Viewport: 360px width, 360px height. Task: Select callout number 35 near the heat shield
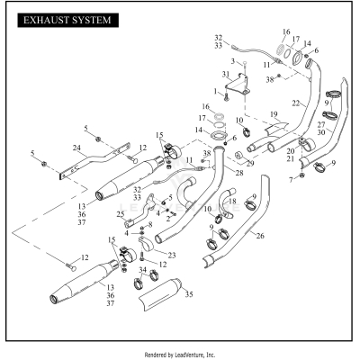point(188,293)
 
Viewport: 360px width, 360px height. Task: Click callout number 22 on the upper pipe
point(294,103)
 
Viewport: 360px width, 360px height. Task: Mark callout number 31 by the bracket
point(226,73)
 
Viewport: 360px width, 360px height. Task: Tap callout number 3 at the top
point(231,60)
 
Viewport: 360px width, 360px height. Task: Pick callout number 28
point(214,171)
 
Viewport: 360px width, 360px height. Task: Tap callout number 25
point(121,214)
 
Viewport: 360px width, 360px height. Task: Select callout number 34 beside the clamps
point(142,269)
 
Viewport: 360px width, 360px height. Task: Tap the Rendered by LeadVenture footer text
point(180,355)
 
